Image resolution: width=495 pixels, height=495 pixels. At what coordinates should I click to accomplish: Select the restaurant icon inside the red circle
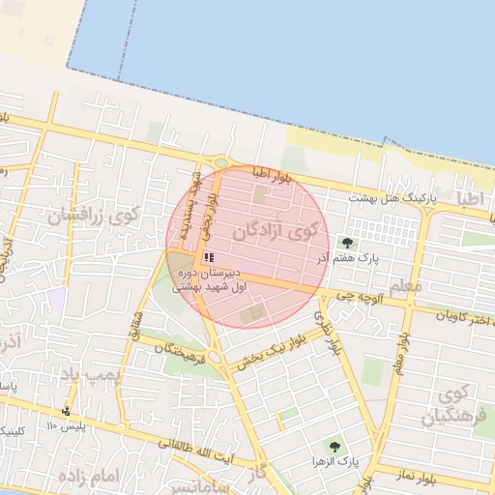(x=208, y=258)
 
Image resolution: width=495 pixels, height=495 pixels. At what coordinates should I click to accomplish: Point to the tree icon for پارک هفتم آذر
(x=347, y=243)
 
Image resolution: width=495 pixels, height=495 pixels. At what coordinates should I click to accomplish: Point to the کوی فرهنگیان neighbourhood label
(x=450, y=406)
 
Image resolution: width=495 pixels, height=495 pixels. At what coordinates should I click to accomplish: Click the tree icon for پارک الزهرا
(x=335, y=447)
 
